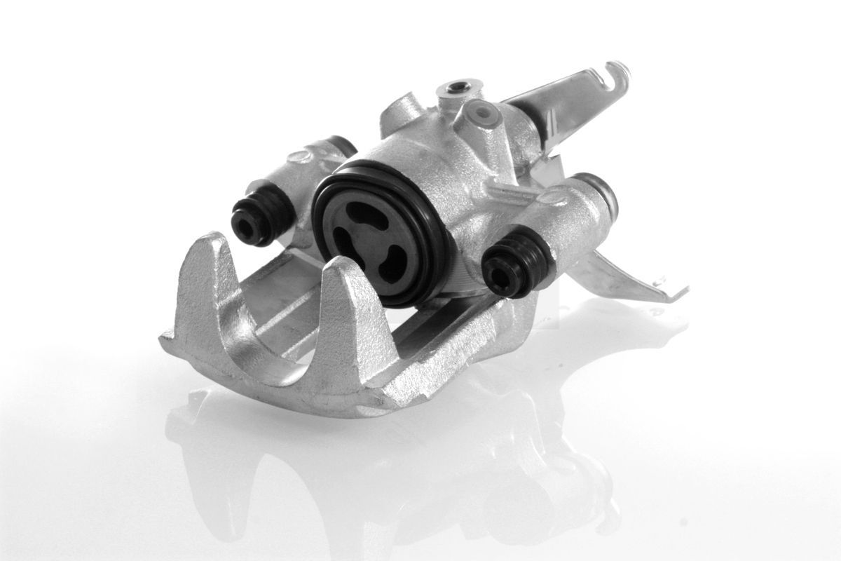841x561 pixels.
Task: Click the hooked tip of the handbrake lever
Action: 617,70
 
